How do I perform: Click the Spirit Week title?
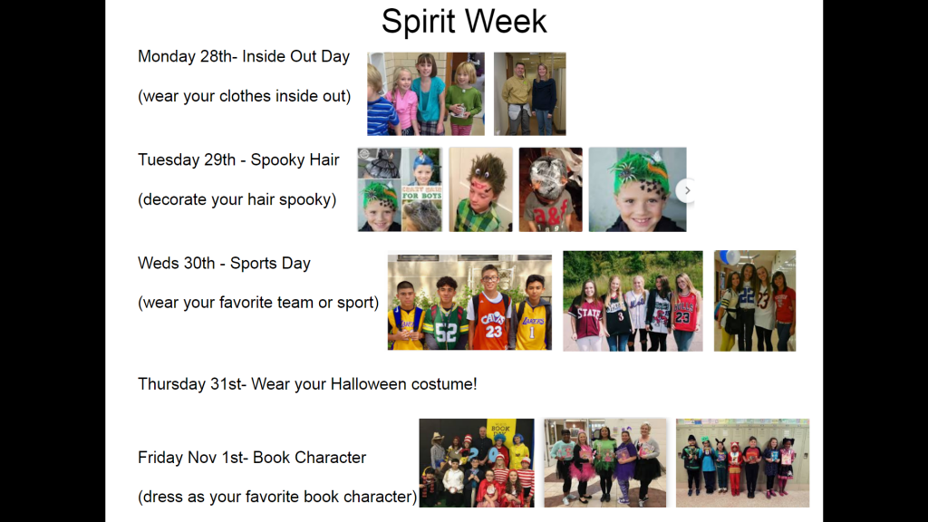464,22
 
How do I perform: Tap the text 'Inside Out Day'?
296,56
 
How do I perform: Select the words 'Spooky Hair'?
295,160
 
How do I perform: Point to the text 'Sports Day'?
270,264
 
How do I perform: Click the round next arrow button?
687,190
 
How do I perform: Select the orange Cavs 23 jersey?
493,325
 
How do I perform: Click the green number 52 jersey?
446,327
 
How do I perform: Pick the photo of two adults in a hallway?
529,93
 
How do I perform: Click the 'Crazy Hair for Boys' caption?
422,192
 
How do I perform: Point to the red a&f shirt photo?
550,189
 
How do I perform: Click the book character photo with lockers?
742,463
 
